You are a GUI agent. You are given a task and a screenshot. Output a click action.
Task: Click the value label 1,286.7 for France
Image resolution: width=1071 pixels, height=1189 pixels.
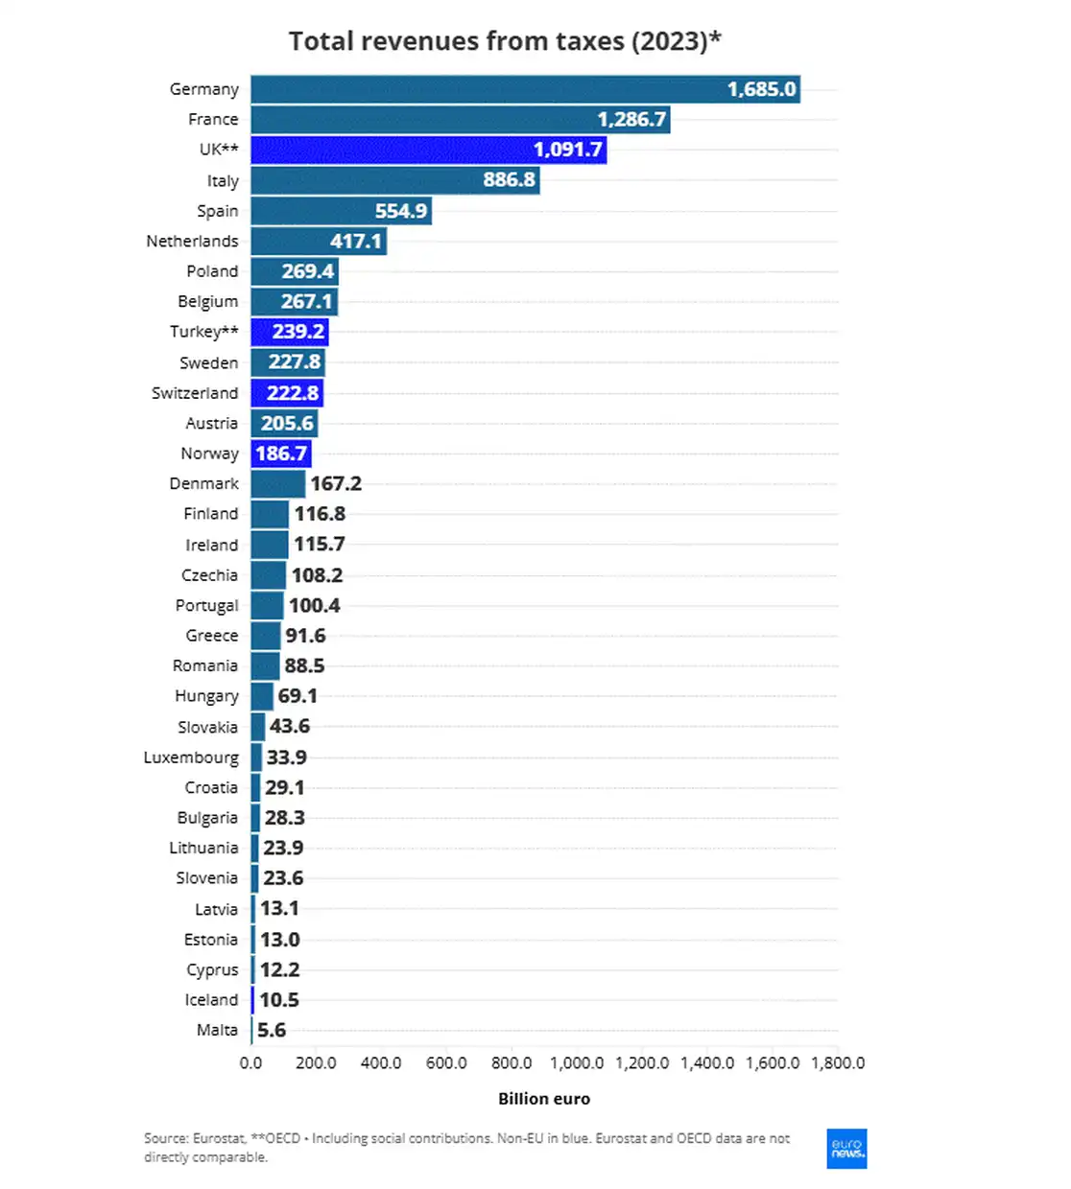click(x=631, y=120)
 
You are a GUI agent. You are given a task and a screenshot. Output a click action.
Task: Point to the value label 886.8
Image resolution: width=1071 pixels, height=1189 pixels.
click(x=509, y=180)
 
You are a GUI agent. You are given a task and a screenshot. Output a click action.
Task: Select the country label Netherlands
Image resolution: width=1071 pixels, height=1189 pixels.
click(x=192, y=241)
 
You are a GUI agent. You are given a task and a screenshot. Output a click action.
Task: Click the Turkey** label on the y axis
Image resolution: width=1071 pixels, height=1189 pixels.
click(x=203, y=332)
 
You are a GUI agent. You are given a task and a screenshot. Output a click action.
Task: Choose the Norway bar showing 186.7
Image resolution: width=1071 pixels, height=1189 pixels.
click(x=281, y=454)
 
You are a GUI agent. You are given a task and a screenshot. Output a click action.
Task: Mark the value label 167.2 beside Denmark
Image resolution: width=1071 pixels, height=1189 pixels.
click(x=336, y=484)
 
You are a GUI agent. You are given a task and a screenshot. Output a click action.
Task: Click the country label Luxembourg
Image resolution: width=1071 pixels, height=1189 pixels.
click(x=191, y=758)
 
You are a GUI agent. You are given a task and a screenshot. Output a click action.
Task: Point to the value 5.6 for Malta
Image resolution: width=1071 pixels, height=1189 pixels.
click(x=272, y=1031)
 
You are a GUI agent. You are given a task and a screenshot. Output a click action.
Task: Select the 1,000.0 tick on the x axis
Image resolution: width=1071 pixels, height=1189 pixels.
click(x=577, y=1063)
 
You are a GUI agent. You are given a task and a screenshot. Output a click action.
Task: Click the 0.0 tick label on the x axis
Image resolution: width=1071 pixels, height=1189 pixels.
click(x=250, y=1063)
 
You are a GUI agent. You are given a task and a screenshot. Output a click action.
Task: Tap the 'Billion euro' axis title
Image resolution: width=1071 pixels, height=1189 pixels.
click(x=544, y=1099)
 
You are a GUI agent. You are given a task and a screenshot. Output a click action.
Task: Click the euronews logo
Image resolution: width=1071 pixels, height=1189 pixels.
click(x=846, y=1149)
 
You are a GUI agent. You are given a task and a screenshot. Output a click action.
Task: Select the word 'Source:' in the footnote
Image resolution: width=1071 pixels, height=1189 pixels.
click(x=166, y=1138)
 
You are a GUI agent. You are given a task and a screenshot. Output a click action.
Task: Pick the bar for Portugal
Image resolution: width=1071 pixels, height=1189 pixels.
click(x=268, y=606)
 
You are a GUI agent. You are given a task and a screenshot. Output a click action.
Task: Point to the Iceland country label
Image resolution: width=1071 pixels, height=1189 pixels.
click(x=211, y=1000)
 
